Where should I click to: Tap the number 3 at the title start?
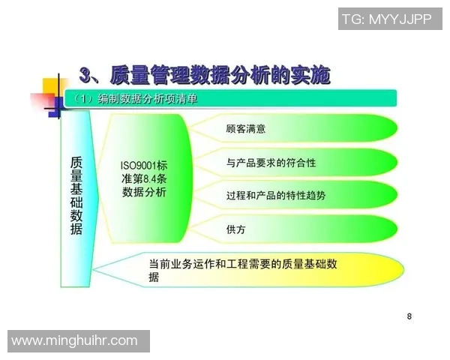[86, 73]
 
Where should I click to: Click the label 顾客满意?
[245, 129]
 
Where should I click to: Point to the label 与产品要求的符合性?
[270, 162]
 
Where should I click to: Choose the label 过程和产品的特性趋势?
[275, 195]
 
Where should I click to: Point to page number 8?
[409, 316]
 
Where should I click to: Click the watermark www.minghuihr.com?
[75, 340]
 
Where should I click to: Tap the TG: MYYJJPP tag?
[386, 19]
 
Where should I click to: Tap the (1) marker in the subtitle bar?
[80, 99]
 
